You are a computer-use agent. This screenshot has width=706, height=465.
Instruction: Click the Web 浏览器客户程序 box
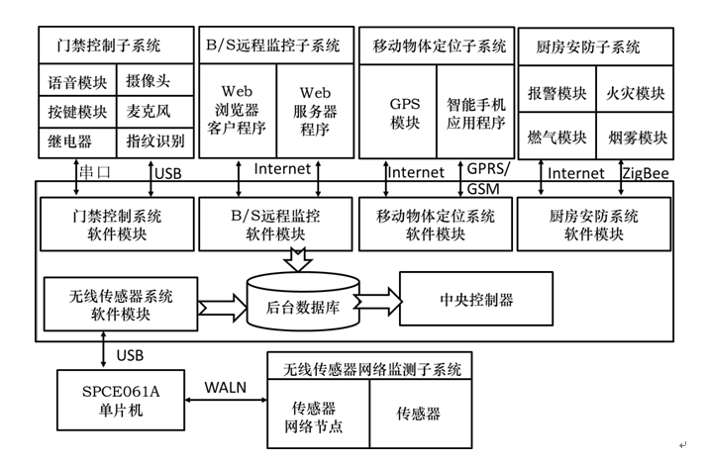click(x=237, y=109)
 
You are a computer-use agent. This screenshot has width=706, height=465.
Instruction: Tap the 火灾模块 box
click(x=635, y=94)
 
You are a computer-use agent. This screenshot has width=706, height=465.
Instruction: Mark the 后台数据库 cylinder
click(x=301, y=304)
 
